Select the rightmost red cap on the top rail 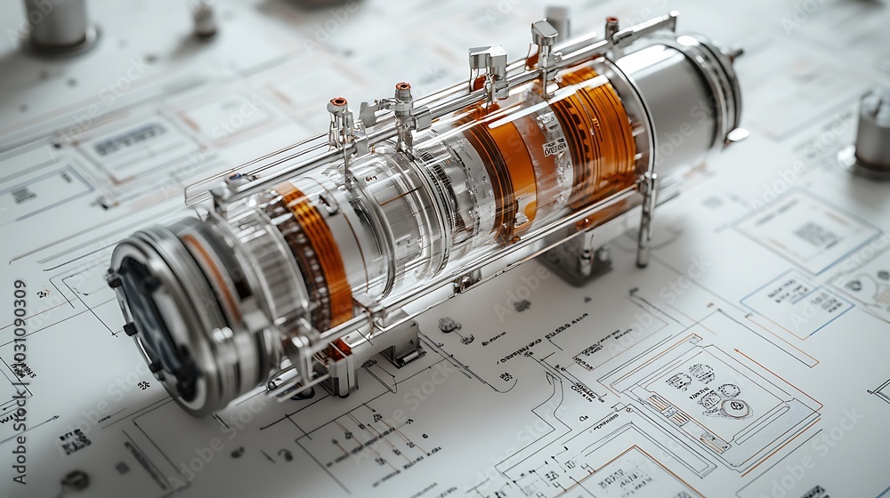pos(611,21)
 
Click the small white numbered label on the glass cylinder pos(554,147)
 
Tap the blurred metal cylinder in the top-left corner pos(55,22)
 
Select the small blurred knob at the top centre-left pos(205,19)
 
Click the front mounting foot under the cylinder pos(343,373)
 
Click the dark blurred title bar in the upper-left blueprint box pos(130,140)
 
